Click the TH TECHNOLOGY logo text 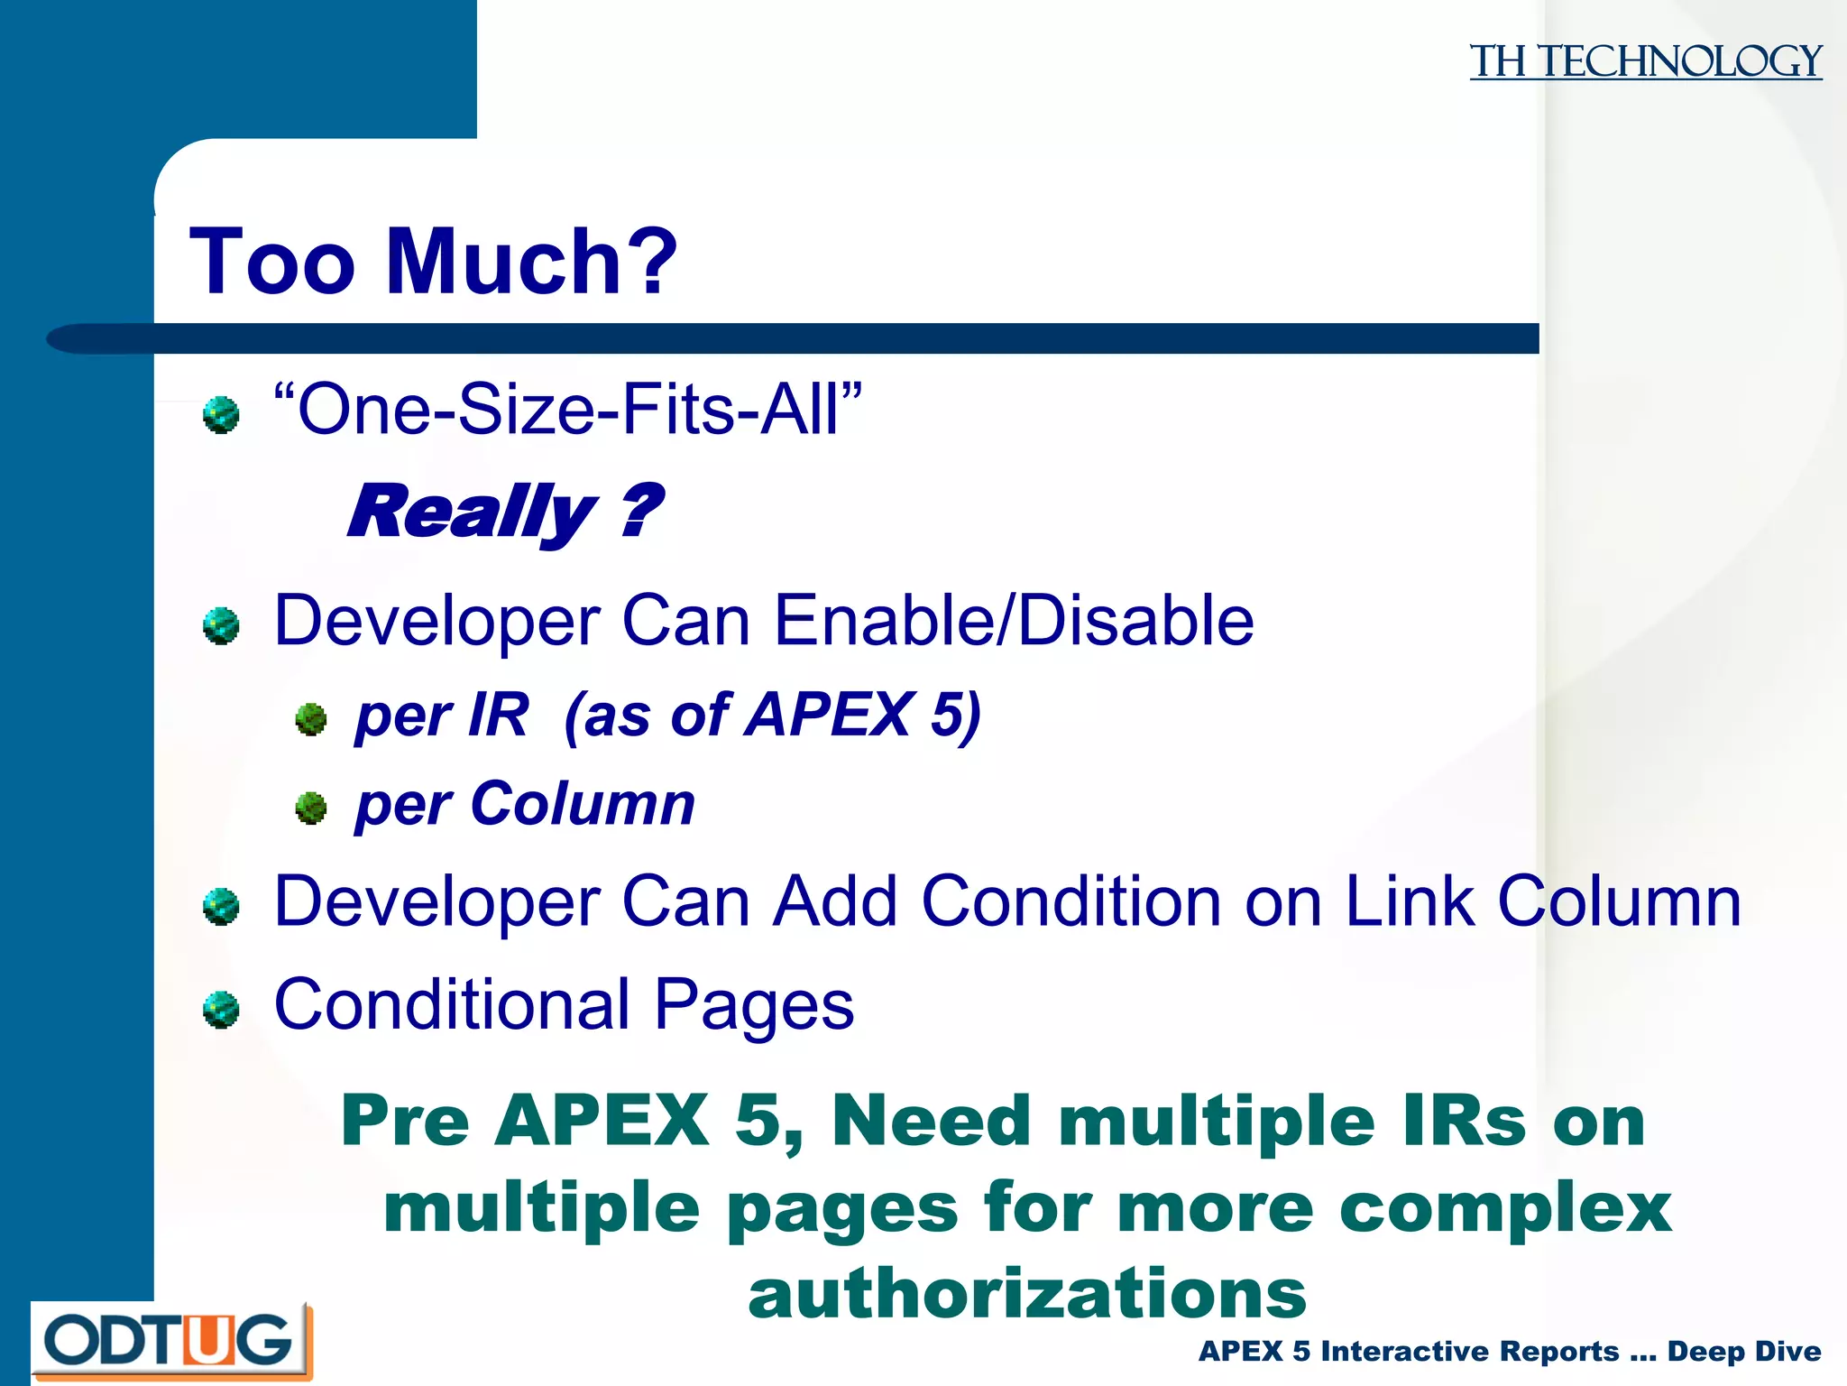tap(1645, 61)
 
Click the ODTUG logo tap(170, 1340)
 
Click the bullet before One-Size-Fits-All tap(221, 415)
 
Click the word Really tap(471, 512)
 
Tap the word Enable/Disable tap(1014, 621)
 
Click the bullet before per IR tap(311, 719)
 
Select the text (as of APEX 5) tap(772, 715)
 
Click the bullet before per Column tap(311, 808)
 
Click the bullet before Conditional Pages tap(221, 1010)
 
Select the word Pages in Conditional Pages tap(753, 1005)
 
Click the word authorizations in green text tap(1027, 1293)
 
